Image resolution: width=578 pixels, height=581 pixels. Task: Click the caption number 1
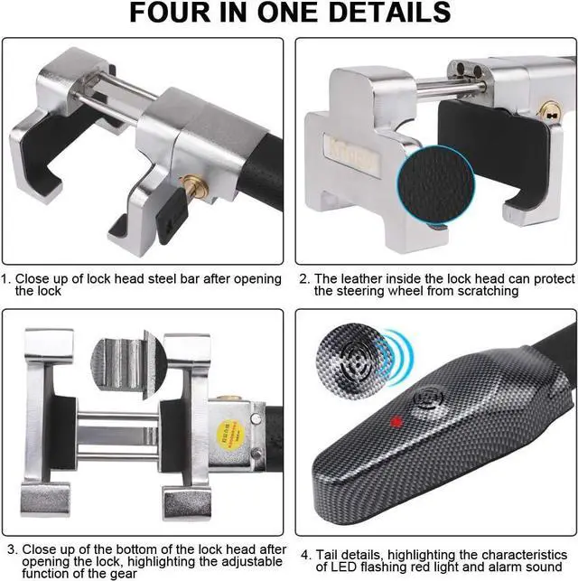[x=6, y=279]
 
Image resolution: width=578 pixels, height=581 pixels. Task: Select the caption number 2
[x=303, y=279]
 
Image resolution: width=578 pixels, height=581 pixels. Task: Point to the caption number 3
[x=12, y=550]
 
